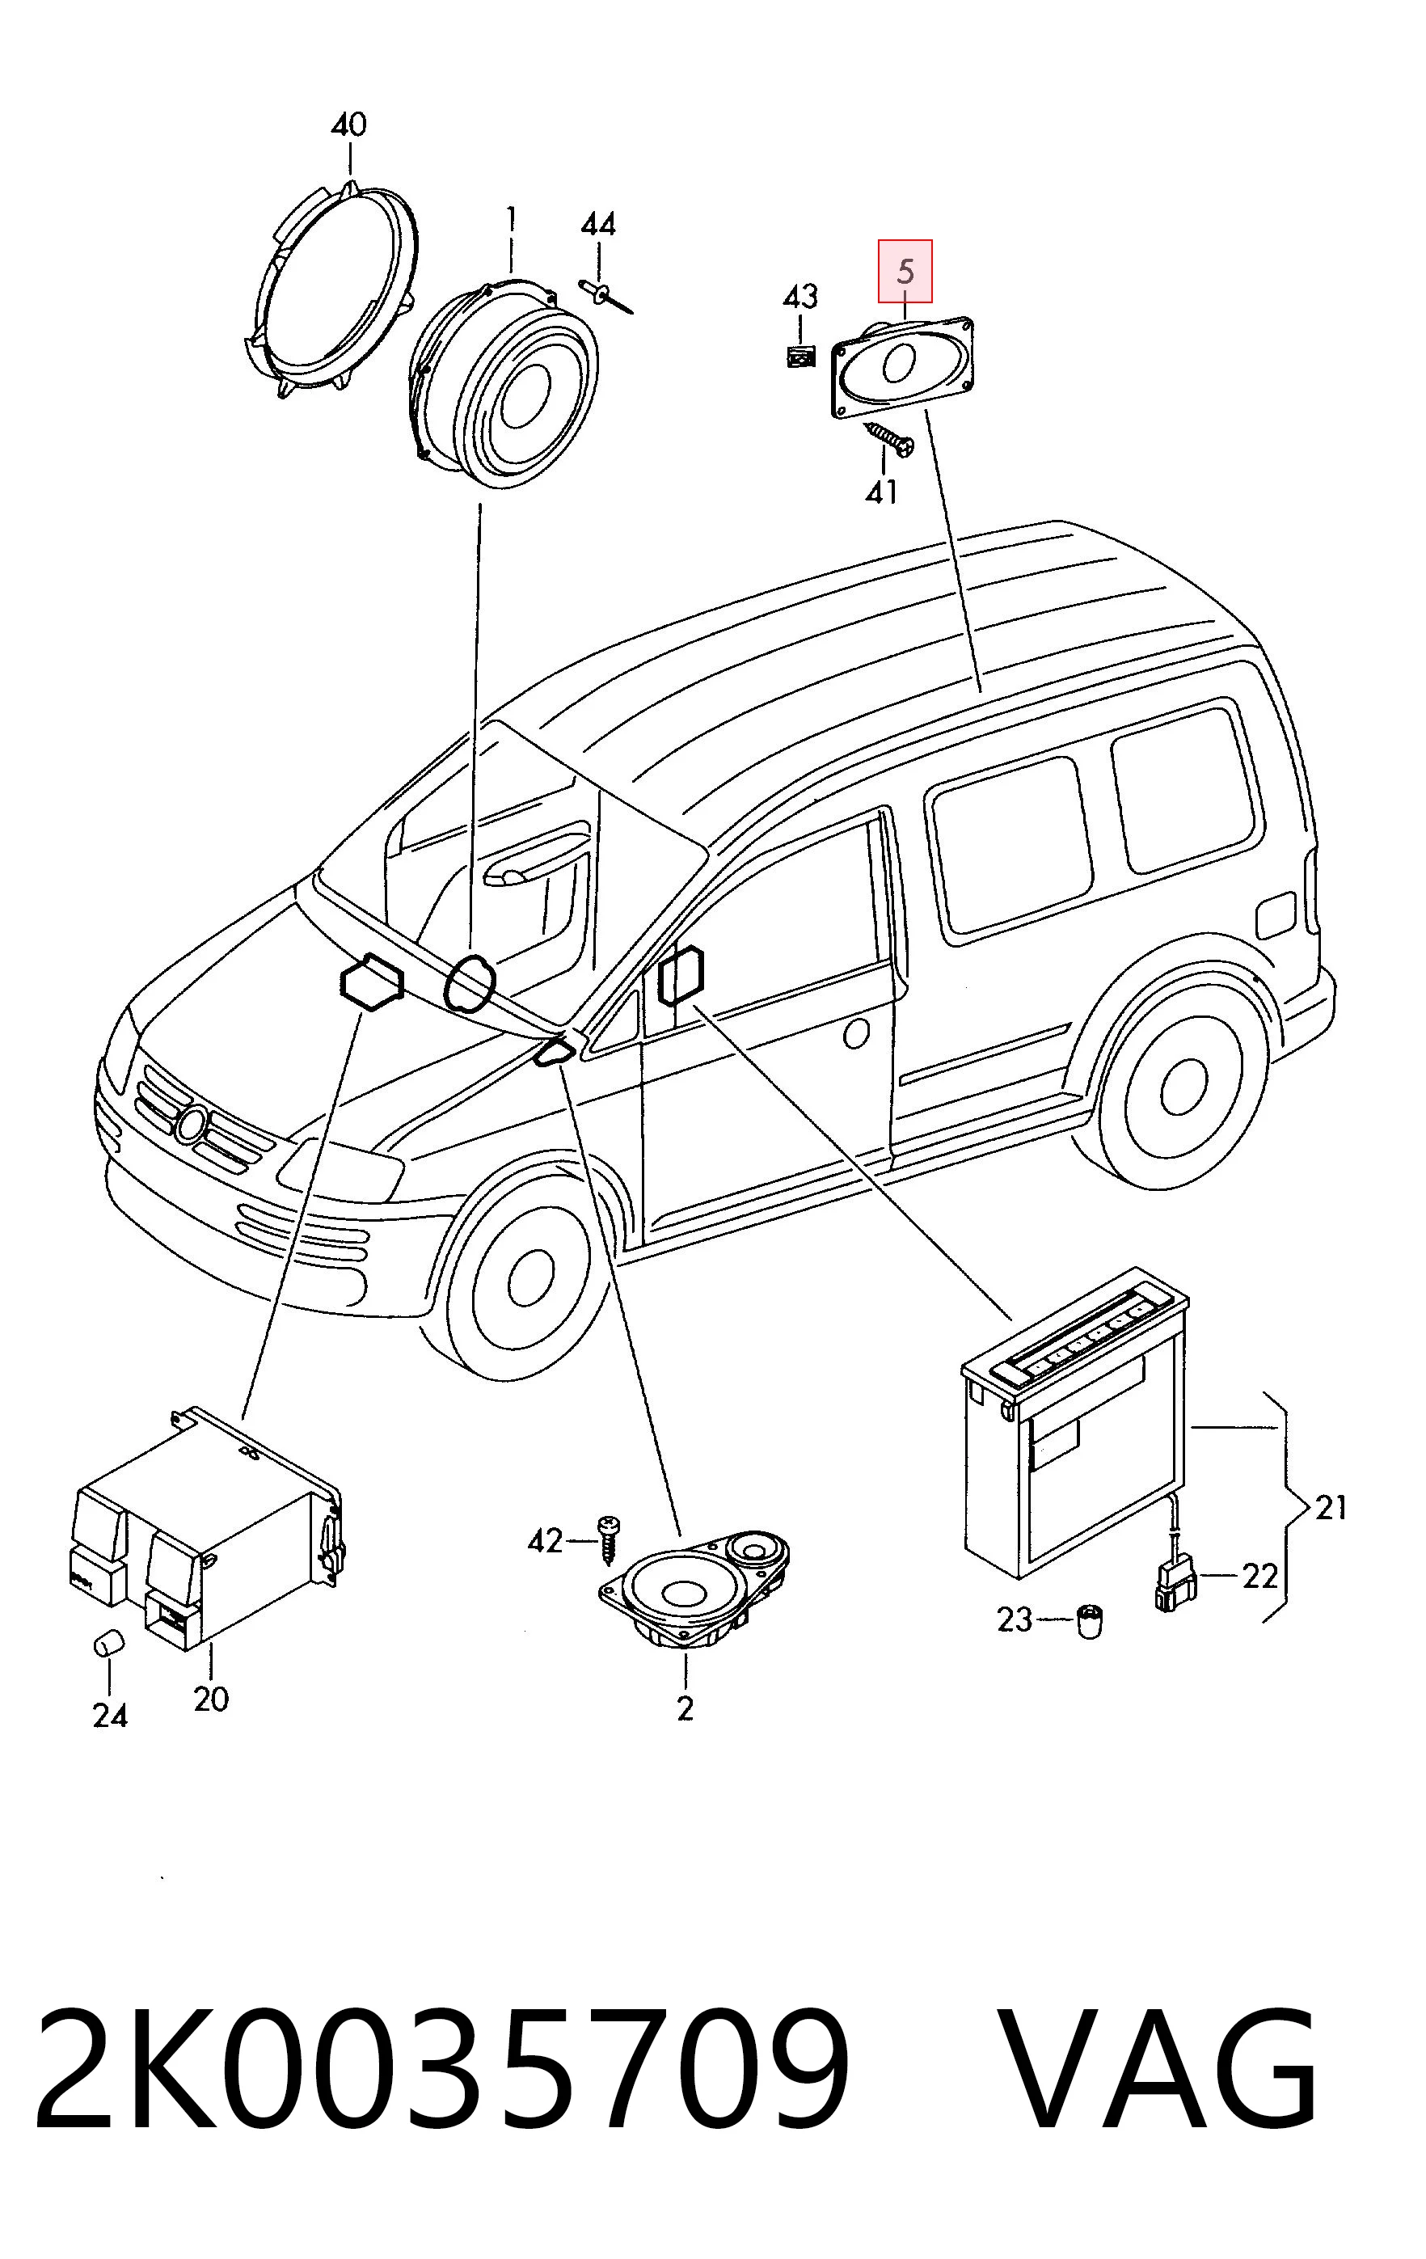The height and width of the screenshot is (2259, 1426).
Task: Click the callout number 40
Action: pyautogui.click(x=348, y=125)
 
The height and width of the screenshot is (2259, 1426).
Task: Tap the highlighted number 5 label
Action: pyautogui.click(x=905, y=271)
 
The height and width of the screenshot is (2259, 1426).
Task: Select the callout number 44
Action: pyautogui.click(x=598, y=224)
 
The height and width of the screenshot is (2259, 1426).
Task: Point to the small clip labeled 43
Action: pyautogui.click(x=800, y=357)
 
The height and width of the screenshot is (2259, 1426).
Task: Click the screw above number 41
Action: pyautogui.click(x=889, y=439)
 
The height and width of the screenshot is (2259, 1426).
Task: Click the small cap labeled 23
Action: pyautogui.click(x=1088, y=1621)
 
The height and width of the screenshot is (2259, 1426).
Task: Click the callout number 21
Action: pyautogui.click(x=1331, y=1508)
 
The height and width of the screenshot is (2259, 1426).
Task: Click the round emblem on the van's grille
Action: pyautogui.click(x=192, y=1123)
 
